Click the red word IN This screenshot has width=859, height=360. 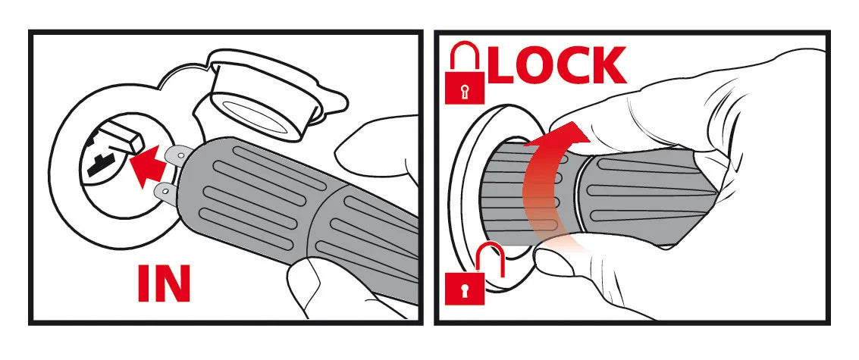(164, 284)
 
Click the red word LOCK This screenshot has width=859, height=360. (556, 65)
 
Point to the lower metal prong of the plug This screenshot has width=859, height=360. (167, 193)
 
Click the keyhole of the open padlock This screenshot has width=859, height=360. (465, 290)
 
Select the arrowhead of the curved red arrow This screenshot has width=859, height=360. (564, 134)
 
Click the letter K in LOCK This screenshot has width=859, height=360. (608, 65)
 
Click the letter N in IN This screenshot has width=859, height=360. (172, 284)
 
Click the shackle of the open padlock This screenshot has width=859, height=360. (488, 257)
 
